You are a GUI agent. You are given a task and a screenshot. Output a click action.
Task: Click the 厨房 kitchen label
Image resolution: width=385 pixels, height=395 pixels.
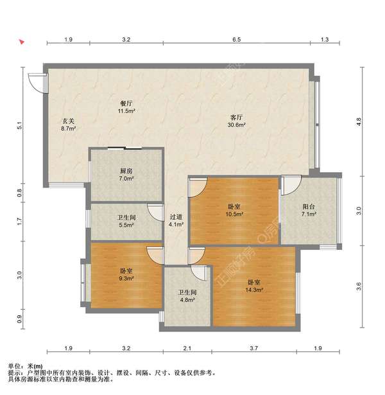[x=126, y=171]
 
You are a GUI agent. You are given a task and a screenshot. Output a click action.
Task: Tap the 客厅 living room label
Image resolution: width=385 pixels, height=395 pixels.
[x=237, y=118]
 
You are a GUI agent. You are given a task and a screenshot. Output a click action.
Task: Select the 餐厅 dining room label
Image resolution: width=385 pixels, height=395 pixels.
[x=126, y=103]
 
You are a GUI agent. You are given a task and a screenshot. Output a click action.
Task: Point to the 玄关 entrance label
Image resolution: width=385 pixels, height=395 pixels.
[x=69, y=121]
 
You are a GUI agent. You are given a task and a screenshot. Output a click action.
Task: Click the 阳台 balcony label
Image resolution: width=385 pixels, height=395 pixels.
[x=309, y=207]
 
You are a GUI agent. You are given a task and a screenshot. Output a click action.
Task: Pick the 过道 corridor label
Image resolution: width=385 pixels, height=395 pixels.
[x=176, y=217]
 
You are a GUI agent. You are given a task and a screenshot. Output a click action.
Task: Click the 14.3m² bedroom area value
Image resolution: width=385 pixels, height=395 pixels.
[x=254, y=290]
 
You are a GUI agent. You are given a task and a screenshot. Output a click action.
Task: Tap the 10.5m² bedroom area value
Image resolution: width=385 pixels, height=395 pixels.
[x=234, y=215]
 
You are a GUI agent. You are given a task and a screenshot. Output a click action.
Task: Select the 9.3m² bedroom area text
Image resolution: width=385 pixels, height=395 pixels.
[x=126, y=279]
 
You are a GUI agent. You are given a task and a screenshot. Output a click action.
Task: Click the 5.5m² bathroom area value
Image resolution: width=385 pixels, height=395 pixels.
[x=126, y=225]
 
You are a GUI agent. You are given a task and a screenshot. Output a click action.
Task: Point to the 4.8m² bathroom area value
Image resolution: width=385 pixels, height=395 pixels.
[x=187, y=300]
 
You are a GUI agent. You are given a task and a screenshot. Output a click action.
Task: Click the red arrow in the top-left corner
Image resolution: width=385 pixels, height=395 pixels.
[x=22, y=42]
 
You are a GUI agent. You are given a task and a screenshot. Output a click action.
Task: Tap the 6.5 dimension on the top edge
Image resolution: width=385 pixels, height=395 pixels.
[x=237, y=40]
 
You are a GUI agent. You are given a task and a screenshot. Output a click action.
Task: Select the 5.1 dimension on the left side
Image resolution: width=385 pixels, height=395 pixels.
[x=19, y=125]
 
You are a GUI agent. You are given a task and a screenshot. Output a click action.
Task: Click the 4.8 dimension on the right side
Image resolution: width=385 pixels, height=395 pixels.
[x=359, y=122]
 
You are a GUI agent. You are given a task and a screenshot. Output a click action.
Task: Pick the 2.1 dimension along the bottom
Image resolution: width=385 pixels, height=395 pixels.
[x=187, y=348]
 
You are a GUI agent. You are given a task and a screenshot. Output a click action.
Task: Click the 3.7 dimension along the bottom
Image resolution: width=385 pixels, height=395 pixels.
[x=254, y=348]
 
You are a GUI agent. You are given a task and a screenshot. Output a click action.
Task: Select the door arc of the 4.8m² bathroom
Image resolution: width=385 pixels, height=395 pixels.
[x=198, y=275]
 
